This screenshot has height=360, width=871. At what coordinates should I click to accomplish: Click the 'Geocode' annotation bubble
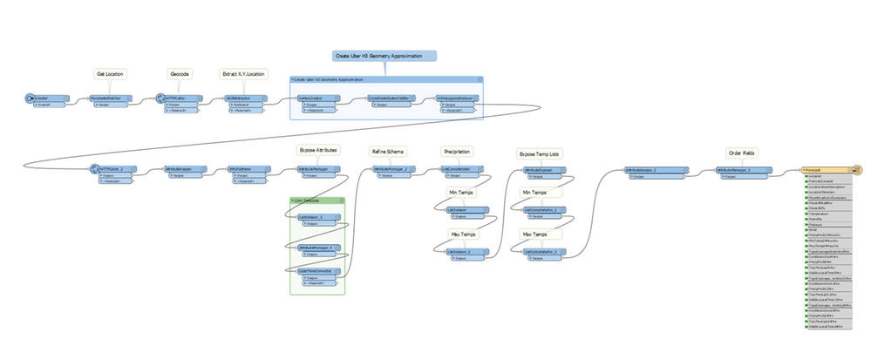click(x=179, y=74)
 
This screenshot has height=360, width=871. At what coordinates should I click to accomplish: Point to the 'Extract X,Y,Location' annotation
click(x=244, y=74)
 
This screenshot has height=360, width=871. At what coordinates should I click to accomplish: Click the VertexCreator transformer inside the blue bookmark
click(x=315, y=99)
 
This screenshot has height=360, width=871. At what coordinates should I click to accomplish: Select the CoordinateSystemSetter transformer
click(x=390, y=99)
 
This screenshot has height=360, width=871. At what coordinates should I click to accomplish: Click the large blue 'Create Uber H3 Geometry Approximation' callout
click(x=384, y=56)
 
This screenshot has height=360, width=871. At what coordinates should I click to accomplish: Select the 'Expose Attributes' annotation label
click(x=317, y=150)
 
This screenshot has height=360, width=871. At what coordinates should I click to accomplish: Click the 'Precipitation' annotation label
click(x=458, y=150)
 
